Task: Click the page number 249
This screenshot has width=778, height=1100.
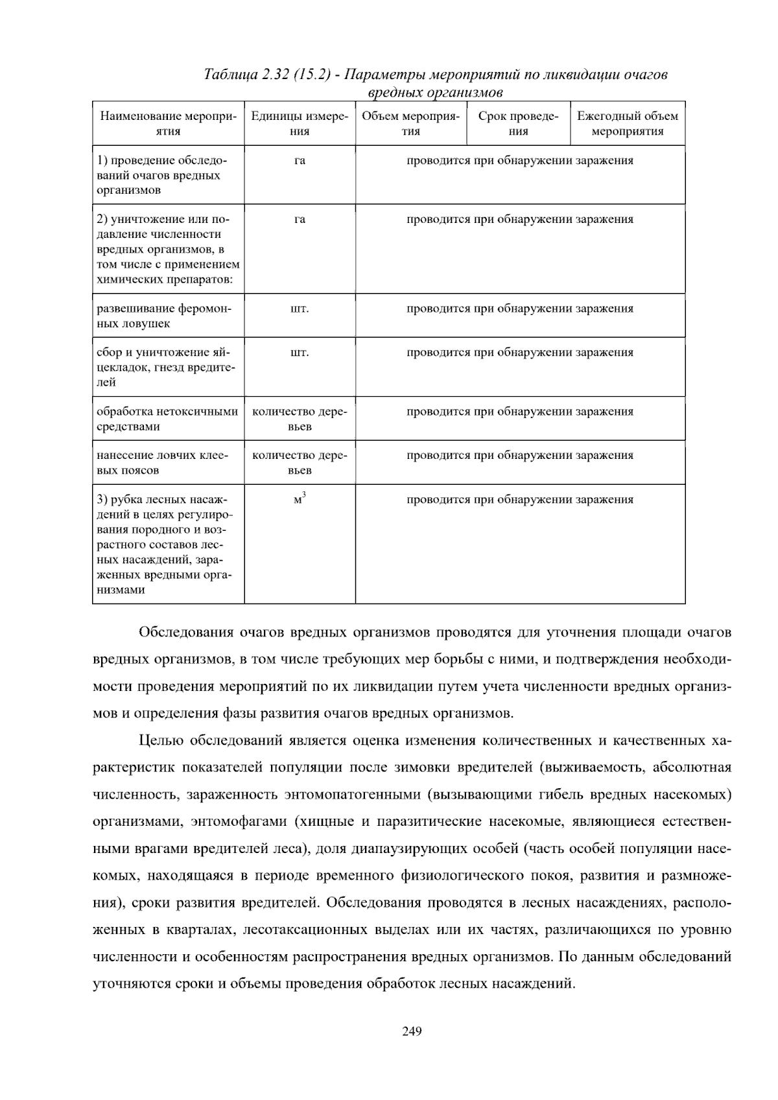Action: (412, 1031)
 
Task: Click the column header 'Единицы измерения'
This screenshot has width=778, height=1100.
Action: (300, 123)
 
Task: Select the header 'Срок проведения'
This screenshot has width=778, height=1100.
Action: (518, 123)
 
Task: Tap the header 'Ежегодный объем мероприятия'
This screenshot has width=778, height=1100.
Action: (628, 123)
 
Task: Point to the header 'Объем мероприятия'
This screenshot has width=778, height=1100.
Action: (410, 123)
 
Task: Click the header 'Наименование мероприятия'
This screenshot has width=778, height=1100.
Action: (169, 123)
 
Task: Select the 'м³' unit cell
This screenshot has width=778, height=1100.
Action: (300, 500)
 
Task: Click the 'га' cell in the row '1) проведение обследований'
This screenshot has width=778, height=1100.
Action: (300, 161)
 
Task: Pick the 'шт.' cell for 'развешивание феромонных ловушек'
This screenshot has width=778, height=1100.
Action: (300, 309)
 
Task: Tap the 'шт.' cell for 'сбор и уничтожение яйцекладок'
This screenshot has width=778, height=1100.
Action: (300, 353)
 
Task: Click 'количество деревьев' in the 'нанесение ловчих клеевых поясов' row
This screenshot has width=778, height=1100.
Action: (300, 463)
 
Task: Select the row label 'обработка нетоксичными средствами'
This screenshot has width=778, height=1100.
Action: (167, 419)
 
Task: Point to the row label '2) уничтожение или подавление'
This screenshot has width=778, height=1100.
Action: (167, 250)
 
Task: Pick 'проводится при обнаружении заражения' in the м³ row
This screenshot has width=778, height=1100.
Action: (520, 500)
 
